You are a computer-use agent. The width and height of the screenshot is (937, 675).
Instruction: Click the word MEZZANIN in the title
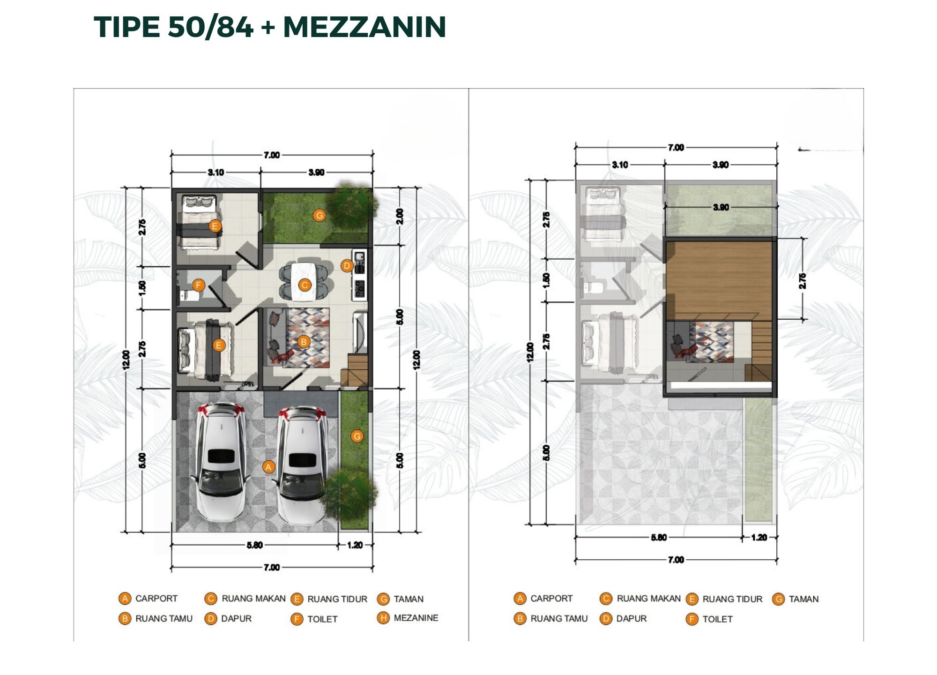point(364,27)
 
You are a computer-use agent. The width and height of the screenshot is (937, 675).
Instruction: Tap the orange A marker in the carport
point(268,467)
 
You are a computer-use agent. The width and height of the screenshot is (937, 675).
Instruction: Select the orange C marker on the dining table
point(305,285)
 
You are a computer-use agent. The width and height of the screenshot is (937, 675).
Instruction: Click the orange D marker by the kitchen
point(347,266)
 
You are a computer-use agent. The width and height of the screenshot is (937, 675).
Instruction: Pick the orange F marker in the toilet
point(199,285)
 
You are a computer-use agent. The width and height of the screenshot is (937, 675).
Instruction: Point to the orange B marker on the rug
point(304,342)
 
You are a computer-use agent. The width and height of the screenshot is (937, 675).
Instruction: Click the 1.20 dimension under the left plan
point(355,545)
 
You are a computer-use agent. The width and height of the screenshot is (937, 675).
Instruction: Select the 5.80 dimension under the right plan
point(659,537)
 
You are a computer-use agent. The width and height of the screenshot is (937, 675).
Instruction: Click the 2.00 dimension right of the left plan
point(400,216)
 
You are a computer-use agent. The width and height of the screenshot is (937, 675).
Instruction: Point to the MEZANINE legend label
point(416,618)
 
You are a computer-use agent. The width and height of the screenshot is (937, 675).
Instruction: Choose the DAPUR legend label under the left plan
point(236,619)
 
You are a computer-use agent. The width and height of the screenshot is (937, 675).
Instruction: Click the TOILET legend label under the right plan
point(717,619)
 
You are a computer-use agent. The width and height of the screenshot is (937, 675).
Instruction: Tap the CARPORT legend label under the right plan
point(551,599)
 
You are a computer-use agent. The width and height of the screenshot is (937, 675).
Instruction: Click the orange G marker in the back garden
point(320,215)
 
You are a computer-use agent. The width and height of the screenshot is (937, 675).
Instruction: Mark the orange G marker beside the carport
point(357,436)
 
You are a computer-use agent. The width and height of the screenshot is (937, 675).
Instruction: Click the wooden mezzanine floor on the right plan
point(719,280)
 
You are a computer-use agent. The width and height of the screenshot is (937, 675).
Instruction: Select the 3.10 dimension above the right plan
point(620,165)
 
